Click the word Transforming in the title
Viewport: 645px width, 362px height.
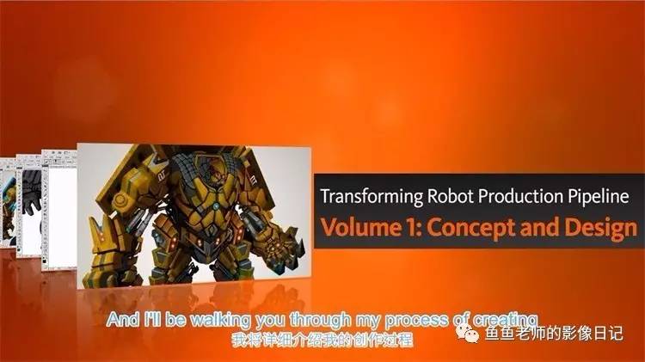(371, 197)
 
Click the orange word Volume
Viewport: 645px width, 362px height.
(360, 228)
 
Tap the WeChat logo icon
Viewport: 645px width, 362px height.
(467, 333)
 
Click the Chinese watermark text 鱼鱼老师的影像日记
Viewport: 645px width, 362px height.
(554, 334)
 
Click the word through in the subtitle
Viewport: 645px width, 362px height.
(321, 320)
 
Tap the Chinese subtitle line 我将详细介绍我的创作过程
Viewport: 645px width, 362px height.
(322, 341)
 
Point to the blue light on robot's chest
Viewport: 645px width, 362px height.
(216, 206)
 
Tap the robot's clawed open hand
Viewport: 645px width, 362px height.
(279, 242)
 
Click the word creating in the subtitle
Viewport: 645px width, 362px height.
(506, 320)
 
